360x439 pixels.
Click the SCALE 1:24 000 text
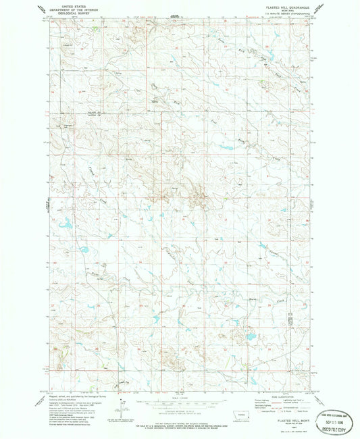pyautogui.click(x=179, y=394)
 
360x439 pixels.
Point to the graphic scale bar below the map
pyautogui.click(x=179, y=402)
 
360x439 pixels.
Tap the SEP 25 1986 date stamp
pyautogui.click(x=333, y=413)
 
